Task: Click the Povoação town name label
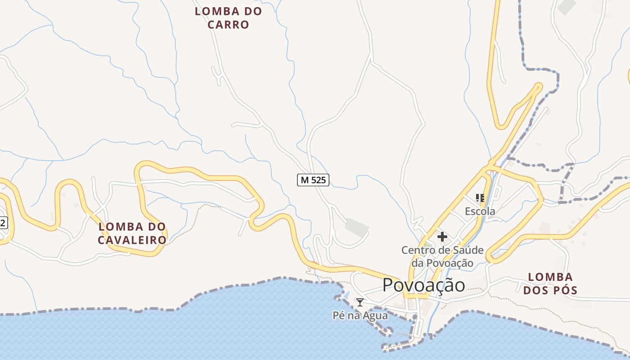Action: click(424, 285)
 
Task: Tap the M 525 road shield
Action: click(313, 180)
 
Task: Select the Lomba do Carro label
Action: click(228, 18)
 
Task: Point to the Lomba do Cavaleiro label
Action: click(132, 233)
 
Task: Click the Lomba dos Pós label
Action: click(550, 283)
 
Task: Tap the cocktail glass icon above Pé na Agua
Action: click(360, 302)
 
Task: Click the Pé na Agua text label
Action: click(360, 315)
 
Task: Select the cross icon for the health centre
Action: click(442, 236)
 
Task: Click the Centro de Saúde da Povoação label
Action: click(442, 256)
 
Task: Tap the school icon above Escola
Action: click(480, 198)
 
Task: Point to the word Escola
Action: click(480, 211)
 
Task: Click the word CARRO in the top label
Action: click(228, 25)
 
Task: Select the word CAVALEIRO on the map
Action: click(132, 240)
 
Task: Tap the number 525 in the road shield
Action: click(318, 180)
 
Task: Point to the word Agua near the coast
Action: click(374, 315)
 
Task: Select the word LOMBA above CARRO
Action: click(228, 11)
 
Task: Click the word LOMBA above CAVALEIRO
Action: click(132, 226)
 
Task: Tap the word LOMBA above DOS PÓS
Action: click(550, 277)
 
